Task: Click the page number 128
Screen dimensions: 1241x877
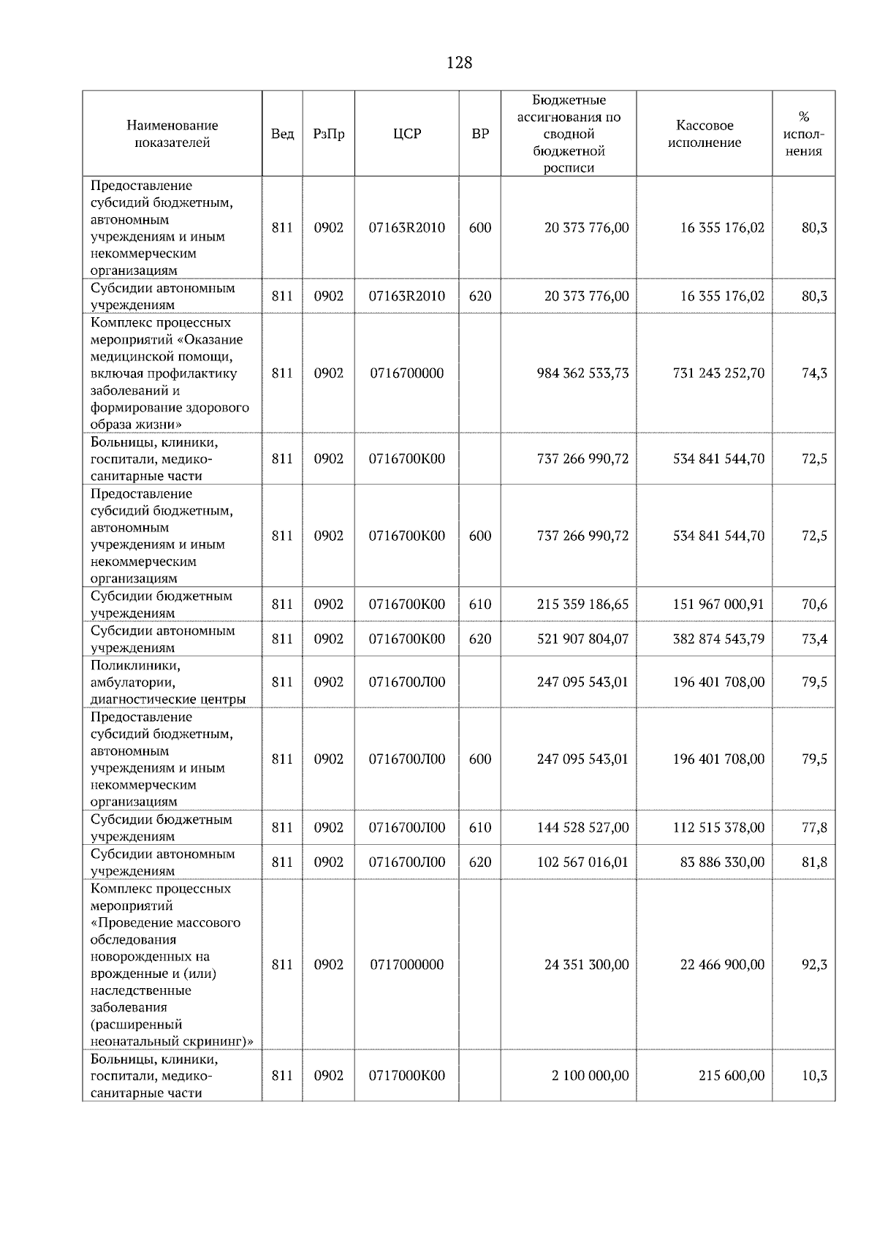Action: (459, 63)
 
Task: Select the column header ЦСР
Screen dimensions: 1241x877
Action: (407, 134)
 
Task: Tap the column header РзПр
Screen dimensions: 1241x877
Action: (328, 134)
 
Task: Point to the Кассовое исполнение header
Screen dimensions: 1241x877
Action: (704, 134)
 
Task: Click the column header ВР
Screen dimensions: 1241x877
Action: (480, 134)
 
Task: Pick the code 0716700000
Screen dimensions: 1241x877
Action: (407, 373)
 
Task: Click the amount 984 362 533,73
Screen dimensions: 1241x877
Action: (582, 373)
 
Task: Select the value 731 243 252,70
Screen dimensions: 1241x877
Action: (718, 373)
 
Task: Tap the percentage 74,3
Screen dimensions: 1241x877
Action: (814, 373)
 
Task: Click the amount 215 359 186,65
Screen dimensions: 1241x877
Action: (582, 604)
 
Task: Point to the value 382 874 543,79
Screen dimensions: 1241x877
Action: (718, 639)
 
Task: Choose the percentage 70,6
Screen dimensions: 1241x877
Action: (814, 604)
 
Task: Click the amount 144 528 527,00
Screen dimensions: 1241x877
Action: (582, 827)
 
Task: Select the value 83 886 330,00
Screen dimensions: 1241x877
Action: (722, 862)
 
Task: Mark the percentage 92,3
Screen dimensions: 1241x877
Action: (814, 965)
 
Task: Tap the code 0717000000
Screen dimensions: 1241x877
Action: (407, 965)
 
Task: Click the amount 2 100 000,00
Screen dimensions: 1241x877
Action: (590, 1076)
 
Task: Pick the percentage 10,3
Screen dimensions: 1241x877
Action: (814, 1076)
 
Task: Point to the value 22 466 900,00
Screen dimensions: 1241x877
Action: (722, 965)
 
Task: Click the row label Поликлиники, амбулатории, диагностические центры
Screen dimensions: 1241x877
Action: (168, 682)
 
